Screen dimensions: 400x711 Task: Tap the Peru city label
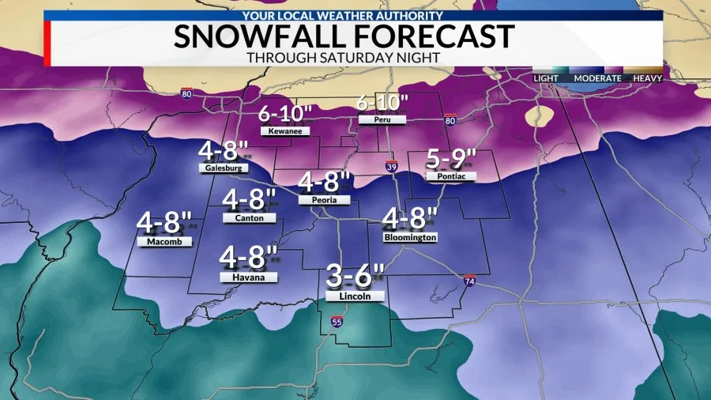point(382,120)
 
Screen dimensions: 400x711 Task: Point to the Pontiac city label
point(451,178)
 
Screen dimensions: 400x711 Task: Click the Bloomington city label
point(410,237)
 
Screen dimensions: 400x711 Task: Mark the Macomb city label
point(164,242)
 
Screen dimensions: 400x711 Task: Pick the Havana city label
point(249,277)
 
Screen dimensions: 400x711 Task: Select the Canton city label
point(249,218)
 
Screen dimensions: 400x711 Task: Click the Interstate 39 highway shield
point(392,167)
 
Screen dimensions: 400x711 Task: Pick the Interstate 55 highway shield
point(337,322)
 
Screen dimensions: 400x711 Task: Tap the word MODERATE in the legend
point(597,78)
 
